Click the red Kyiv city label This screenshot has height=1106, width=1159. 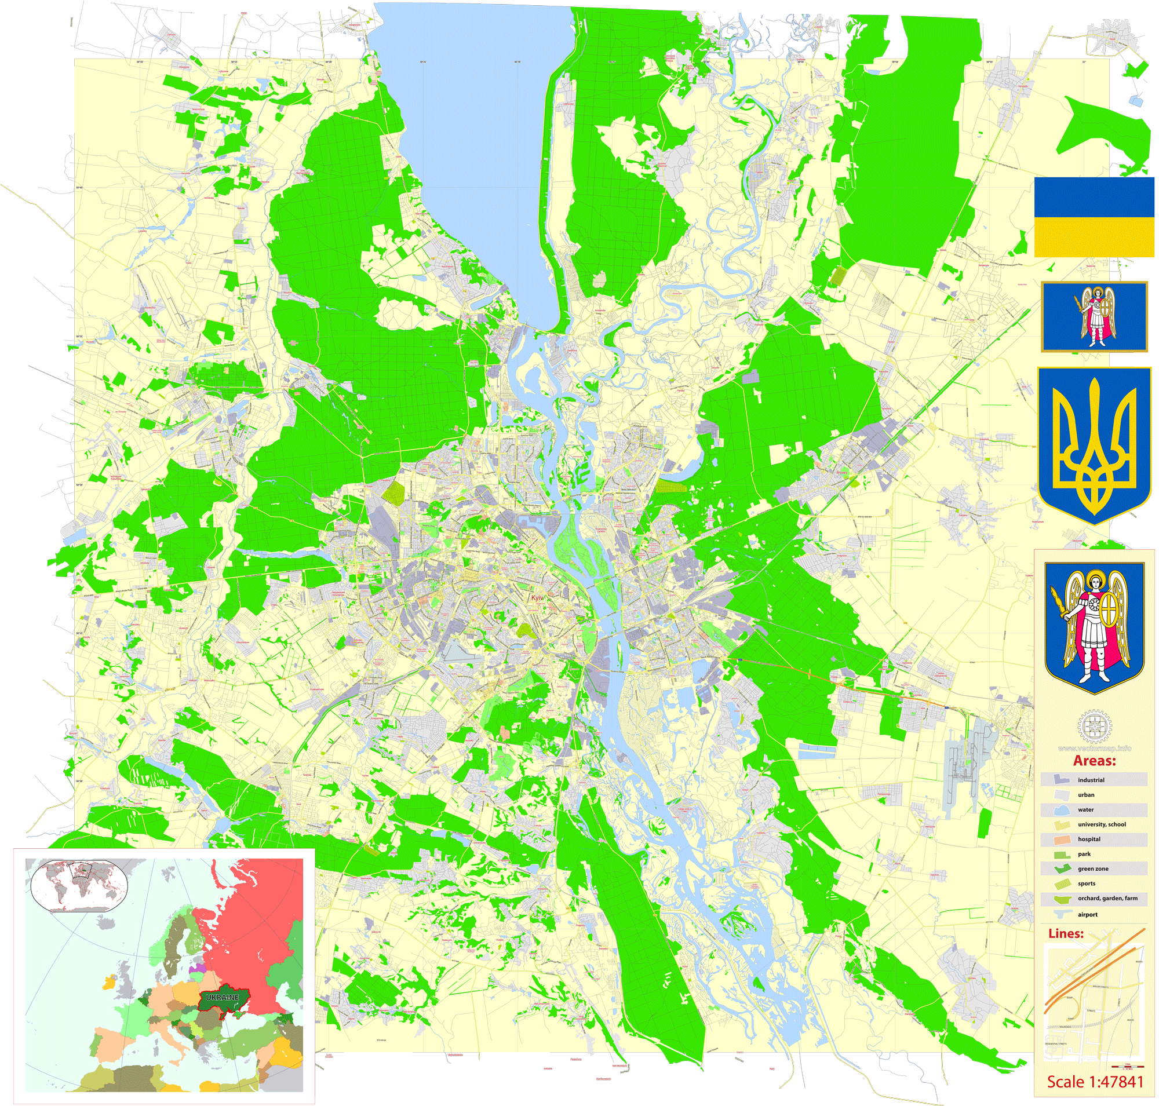[x=535, y=598]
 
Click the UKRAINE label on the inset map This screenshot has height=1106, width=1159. [x=223, y=997]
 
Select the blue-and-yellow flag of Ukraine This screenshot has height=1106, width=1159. [x=1094, y=217]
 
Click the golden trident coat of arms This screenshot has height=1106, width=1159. [x=1094, y=446]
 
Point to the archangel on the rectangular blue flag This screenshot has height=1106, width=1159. [x=1094, y=316]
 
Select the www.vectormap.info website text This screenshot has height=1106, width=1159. [x=1094, y=748]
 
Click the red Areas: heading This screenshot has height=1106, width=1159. [x=1094, y=761]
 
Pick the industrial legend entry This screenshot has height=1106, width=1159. [x=1091, y=780]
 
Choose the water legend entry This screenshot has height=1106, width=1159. [x=1085, y=809]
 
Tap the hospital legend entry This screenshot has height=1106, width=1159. [x=1089, y=839]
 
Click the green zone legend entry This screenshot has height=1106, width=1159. [x=1092, y=868]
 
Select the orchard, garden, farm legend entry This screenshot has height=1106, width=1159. [x=1107, y=898]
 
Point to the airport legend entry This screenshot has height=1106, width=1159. [x=1087, y=914]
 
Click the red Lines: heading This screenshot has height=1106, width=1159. [x=1066, y=934]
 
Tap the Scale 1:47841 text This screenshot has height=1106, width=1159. [x=1095, y=1082]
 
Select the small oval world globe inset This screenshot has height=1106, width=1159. [x=79, y=885]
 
